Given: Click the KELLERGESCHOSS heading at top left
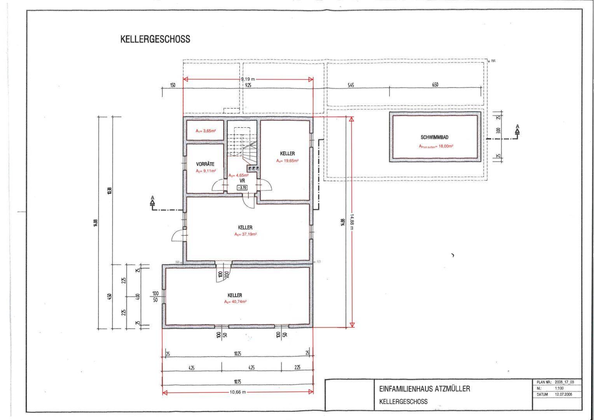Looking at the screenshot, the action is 155,39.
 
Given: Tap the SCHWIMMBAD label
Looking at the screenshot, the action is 435,137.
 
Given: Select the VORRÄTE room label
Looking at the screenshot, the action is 205,164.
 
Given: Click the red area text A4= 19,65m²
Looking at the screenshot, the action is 287,161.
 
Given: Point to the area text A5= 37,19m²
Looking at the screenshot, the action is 245,234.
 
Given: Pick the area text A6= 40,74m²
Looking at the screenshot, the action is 235,302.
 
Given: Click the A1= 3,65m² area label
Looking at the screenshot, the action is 205,131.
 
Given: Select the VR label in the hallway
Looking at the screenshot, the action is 242,181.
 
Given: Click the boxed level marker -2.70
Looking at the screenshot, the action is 242,188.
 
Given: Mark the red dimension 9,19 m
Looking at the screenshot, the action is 248,79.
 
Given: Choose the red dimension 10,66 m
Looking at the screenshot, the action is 238,392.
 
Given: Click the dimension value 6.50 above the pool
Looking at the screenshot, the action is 435,85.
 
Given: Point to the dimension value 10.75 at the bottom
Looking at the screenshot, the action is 237,382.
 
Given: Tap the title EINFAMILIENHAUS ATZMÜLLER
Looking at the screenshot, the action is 425,388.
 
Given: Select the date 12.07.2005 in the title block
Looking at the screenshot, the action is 563,394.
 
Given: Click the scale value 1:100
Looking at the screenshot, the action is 560,388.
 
